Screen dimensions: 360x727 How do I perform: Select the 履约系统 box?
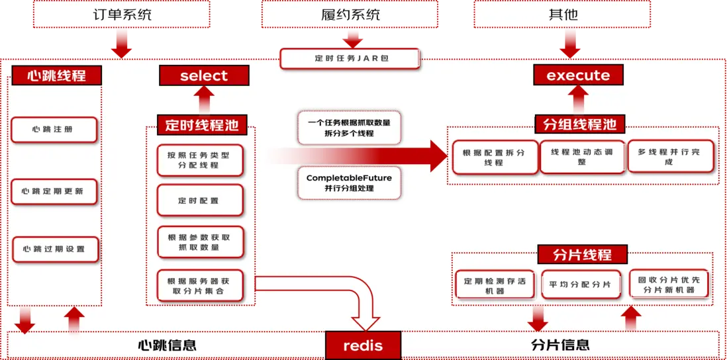coord(350,15)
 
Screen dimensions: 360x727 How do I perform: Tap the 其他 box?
coord(563,15)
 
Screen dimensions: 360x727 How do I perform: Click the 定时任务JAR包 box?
coord(350,59)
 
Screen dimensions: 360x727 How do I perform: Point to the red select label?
coord(203,75)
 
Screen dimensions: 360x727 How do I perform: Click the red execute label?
coord(578,75)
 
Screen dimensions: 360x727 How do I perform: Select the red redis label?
coord(363,345)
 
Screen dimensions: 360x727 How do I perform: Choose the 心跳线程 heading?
coord(57,75)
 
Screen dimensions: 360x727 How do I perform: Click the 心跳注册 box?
coord(54,130)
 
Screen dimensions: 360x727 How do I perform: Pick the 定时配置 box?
coord(199,201)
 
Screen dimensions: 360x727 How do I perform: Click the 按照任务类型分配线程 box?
coord(199,160)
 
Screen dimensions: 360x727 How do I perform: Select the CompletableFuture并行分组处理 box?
coord(349,183)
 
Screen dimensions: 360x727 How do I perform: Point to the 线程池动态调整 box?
coord(582,157)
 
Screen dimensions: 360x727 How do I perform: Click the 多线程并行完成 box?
coord(669,157)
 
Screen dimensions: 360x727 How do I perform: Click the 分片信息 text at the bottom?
coord(560,345)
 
